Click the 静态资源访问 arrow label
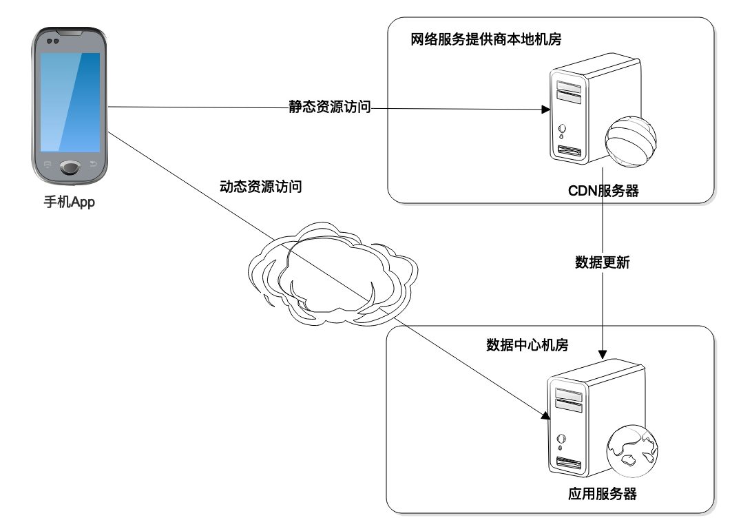tap(330, 107)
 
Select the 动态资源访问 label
tap(260, 187)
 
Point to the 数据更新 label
tap(602, 262)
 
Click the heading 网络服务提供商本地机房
tap(486, 39)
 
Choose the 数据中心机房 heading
tap(527, 345)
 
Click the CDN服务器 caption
tap(603, 191)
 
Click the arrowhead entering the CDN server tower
tap(545, 110)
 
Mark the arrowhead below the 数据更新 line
tap(603, 353)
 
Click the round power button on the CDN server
tap(563, 128)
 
